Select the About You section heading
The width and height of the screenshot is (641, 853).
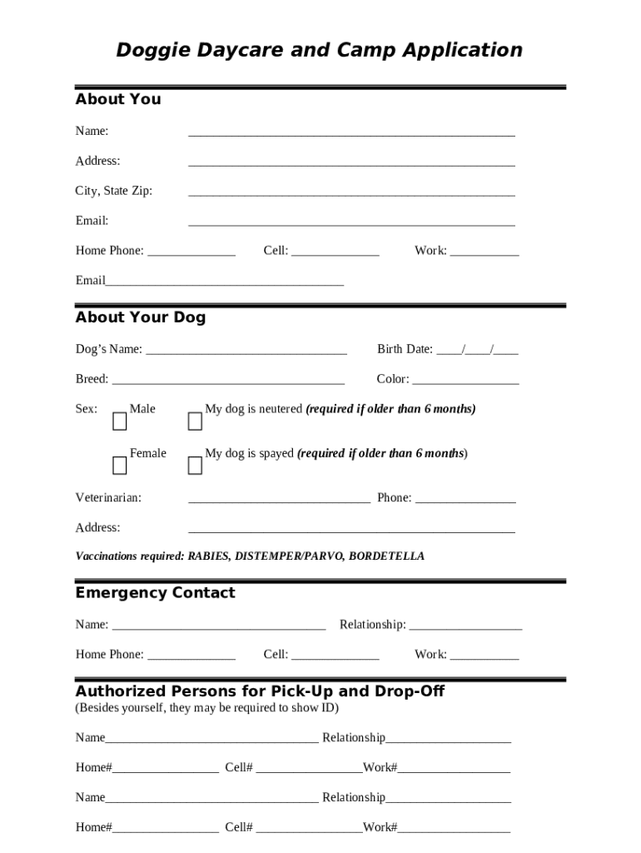(x=118, y=99)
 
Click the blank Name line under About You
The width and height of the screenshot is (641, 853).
(x=351, y=132)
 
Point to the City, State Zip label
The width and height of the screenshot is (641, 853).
(x=114, y=191)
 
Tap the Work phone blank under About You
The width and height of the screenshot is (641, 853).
(x=484, y=252)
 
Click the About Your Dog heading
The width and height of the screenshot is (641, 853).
(x=141, y=317)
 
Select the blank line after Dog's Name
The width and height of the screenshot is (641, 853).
(x=246, y=350)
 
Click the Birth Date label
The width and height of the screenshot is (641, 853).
(x=405, y=349)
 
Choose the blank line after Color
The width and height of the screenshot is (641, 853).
(x=465, y=380)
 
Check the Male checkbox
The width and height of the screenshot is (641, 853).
(x=120, y=422)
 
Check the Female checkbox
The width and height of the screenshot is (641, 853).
(x=120, y=466)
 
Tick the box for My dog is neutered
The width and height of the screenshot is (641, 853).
(x=195, y=422)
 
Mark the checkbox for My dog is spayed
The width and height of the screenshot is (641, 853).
(x=195, y=466)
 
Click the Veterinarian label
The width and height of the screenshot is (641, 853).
(x=108, y=498)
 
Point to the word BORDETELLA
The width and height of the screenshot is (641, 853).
(x=386, y=556)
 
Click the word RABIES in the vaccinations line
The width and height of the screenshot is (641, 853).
(x=208, y=556)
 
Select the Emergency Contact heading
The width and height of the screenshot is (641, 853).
(x=156, y=593)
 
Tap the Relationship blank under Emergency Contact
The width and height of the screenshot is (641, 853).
(x=465, y=626)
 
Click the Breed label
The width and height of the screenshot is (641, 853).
(x=92, y=379)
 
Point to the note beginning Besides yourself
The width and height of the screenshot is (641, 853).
(x=207, y=708)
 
